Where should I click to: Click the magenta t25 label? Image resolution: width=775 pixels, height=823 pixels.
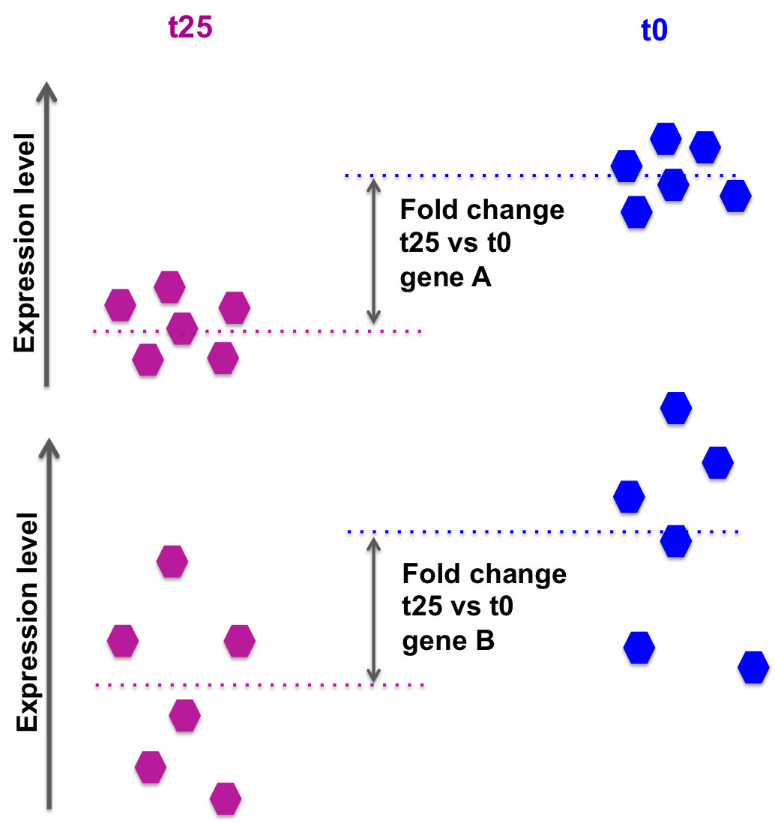click(190, 28)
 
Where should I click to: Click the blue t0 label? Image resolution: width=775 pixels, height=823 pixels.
click(654, 31)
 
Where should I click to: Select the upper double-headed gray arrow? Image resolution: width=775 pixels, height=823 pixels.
click(373, 251)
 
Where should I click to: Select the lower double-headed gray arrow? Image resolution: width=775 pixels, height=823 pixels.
click(373, 609)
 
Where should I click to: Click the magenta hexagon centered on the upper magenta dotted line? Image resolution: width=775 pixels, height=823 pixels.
click(182, 328)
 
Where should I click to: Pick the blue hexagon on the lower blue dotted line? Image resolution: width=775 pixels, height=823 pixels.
click(675, 540)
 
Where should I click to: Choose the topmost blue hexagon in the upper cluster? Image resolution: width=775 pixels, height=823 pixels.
click(666, 139)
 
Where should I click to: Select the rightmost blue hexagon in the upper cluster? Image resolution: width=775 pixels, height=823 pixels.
click(735, 196)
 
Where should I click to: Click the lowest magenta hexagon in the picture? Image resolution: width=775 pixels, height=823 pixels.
click(226, 798)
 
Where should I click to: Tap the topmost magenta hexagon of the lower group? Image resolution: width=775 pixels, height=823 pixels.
click(172, 561)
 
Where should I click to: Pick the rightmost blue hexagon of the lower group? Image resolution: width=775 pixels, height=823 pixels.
click(753, 666)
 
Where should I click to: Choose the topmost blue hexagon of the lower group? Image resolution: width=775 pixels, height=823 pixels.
click(676, 408)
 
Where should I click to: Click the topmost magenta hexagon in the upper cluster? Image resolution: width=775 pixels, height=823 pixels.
click(169, 287)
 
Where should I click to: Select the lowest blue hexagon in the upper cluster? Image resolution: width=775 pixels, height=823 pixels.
click(636, 212)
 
